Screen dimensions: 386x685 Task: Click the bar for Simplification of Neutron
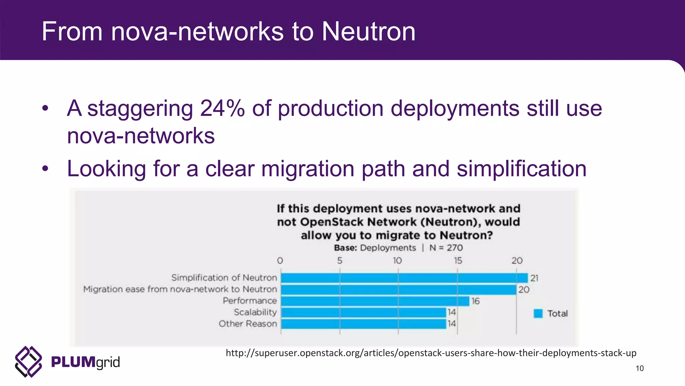pos(404,278)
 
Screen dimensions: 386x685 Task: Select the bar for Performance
pos(375,301)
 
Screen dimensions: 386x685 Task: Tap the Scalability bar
pos(363,312)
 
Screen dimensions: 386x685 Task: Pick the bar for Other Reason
pos(363,324)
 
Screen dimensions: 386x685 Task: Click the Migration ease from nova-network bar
pos(398,289)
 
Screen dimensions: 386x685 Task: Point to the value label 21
pos(534,278)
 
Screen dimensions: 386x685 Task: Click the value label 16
pos(475,301)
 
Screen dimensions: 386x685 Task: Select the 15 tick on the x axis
pos(458,261)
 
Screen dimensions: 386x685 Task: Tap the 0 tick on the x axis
pos(280,261)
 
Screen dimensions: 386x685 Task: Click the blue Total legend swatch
pos(538,314)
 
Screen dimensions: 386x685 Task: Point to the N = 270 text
pos(446,248)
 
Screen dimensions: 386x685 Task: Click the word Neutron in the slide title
pos(368,31)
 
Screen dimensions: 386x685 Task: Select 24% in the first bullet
pos(222,109)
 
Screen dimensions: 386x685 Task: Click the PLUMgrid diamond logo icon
pos(28,362)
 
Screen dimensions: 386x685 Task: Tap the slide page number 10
pos(640,368)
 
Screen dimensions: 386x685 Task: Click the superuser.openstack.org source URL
pos(431,353)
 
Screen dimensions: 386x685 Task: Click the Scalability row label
pos(255,312)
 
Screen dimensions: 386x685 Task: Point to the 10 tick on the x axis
pos(397,261)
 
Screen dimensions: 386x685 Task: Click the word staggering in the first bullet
pos(140,109)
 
